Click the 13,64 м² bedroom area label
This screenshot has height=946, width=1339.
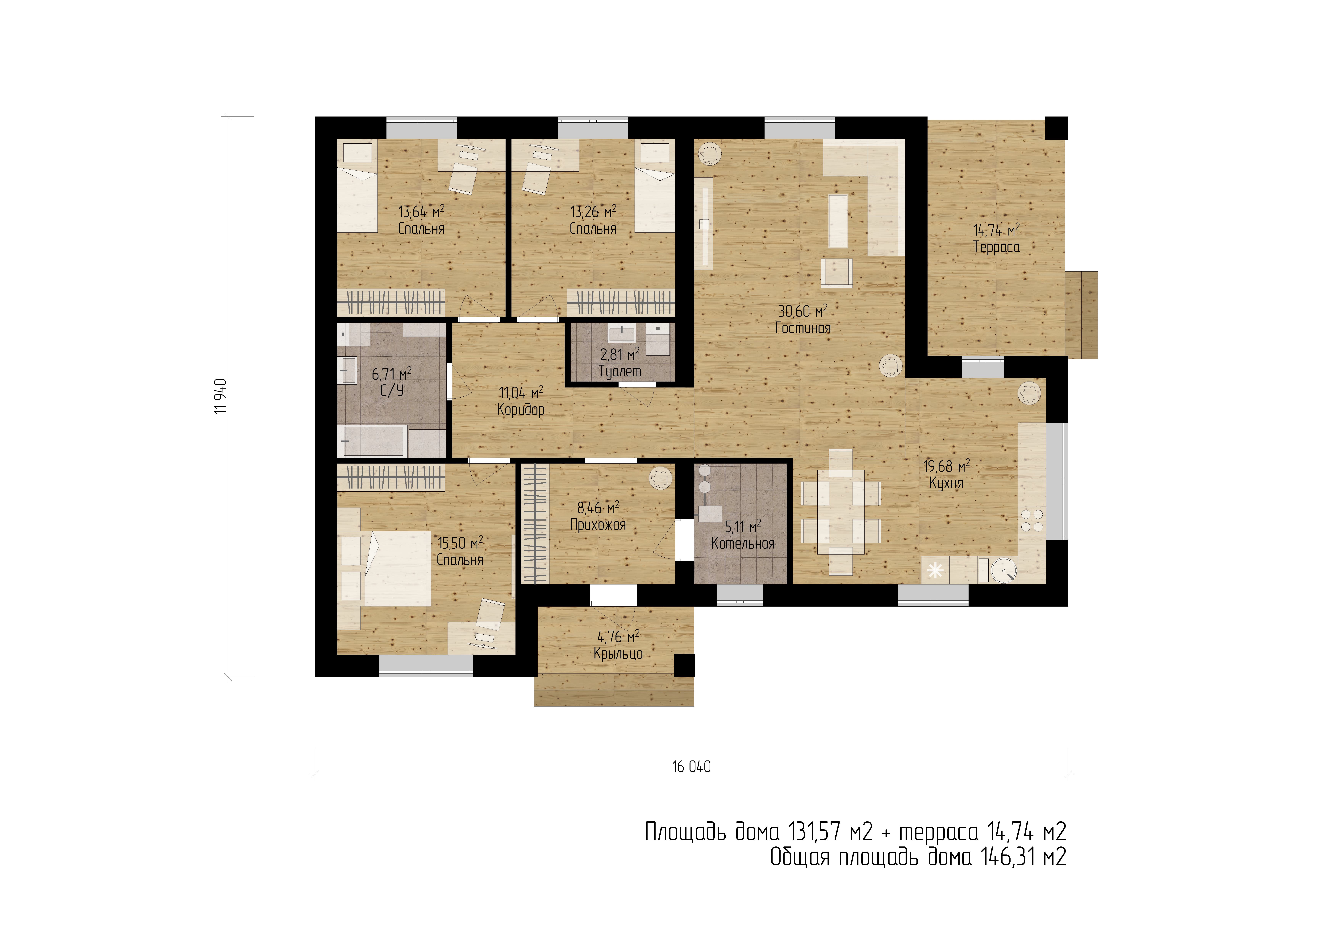pos(421,211)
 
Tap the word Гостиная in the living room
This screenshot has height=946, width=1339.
pos(803,328)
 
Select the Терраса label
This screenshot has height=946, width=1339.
pos(997,247)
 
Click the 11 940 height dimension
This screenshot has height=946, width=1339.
pos(220,396)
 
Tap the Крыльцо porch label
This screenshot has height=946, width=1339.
pos(618,654)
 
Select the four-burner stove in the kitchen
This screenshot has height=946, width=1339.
pos(1032,521)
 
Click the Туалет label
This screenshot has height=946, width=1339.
pos(619,371)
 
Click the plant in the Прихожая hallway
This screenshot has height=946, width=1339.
pos(660,478)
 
